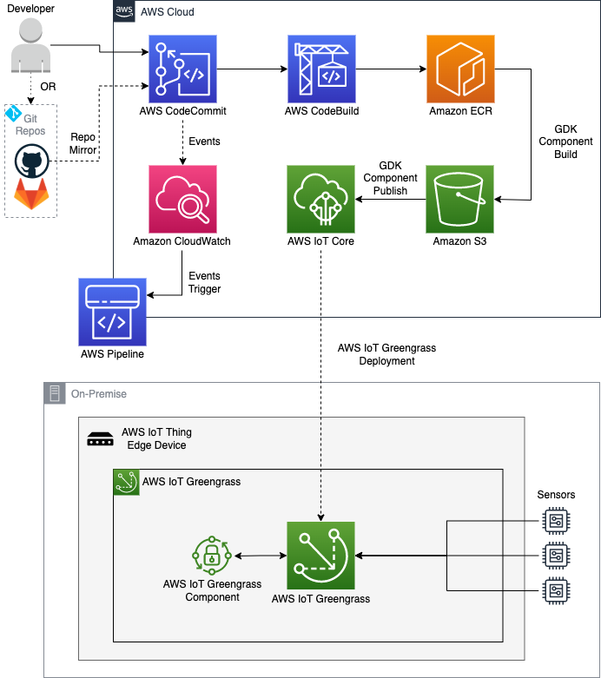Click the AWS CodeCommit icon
182,69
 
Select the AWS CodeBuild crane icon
321,69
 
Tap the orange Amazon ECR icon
460,69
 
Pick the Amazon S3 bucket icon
459,199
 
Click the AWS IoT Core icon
320,199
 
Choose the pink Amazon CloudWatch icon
182,199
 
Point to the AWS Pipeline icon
113,312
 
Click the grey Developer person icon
30,45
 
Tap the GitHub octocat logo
31,161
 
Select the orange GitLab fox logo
31,194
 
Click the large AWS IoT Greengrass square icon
320,556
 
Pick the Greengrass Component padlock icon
212,556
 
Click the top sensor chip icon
556,521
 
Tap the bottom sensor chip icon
556,590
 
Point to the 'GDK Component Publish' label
390,178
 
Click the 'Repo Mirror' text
83,143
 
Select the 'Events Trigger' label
204,282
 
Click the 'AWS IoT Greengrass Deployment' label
386,354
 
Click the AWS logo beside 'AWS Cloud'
124,11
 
